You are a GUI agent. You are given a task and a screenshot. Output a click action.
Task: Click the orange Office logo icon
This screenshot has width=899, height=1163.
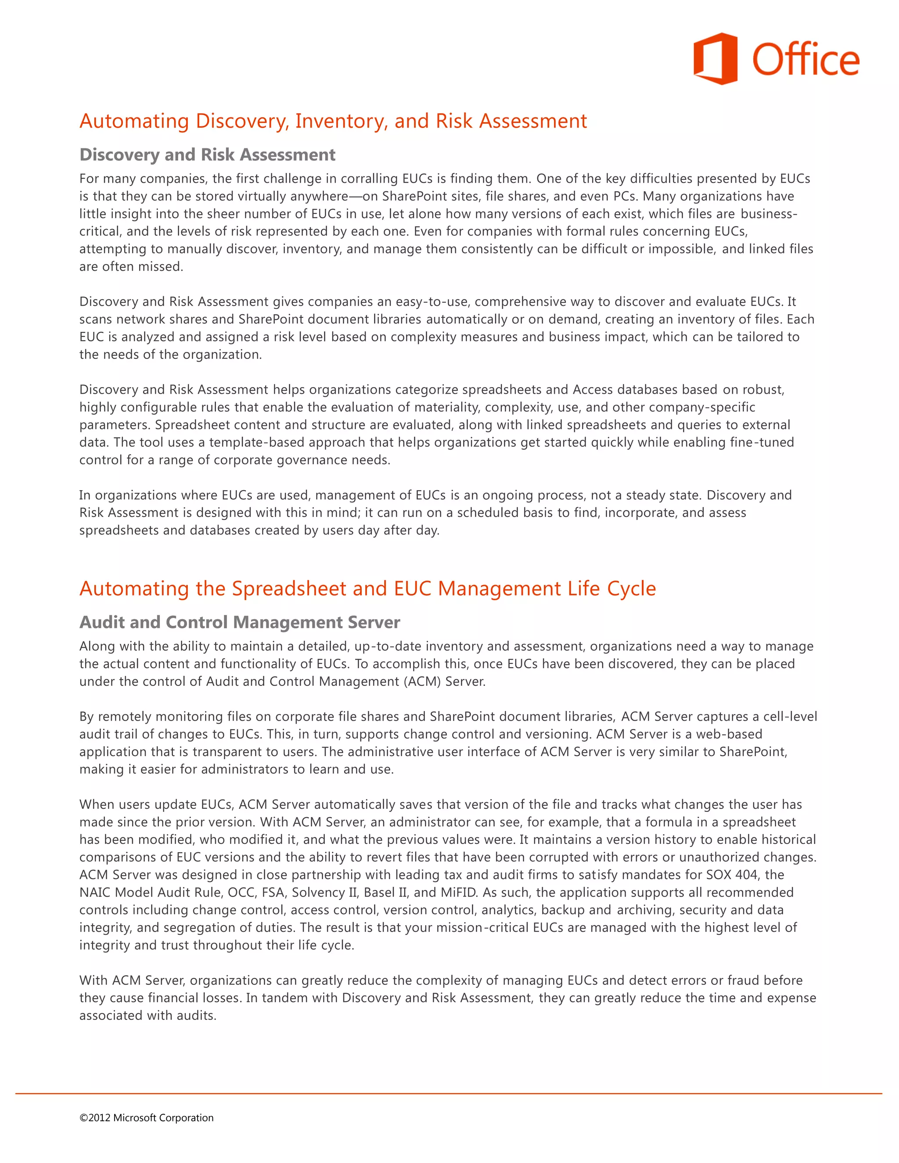715,58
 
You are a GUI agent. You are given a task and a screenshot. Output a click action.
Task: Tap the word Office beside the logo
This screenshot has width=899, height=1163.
805,60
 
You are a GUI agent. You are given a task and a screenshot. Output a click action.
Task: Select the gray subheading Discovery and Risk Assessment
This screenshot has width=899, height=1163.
207,154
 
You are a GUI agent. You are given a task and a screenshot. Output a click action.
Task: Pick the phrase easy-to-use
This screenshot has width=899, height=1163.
432,302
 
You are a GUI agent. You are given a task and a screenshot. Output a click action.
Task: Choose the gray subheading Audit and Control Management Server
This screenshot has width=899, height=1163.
240,622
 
